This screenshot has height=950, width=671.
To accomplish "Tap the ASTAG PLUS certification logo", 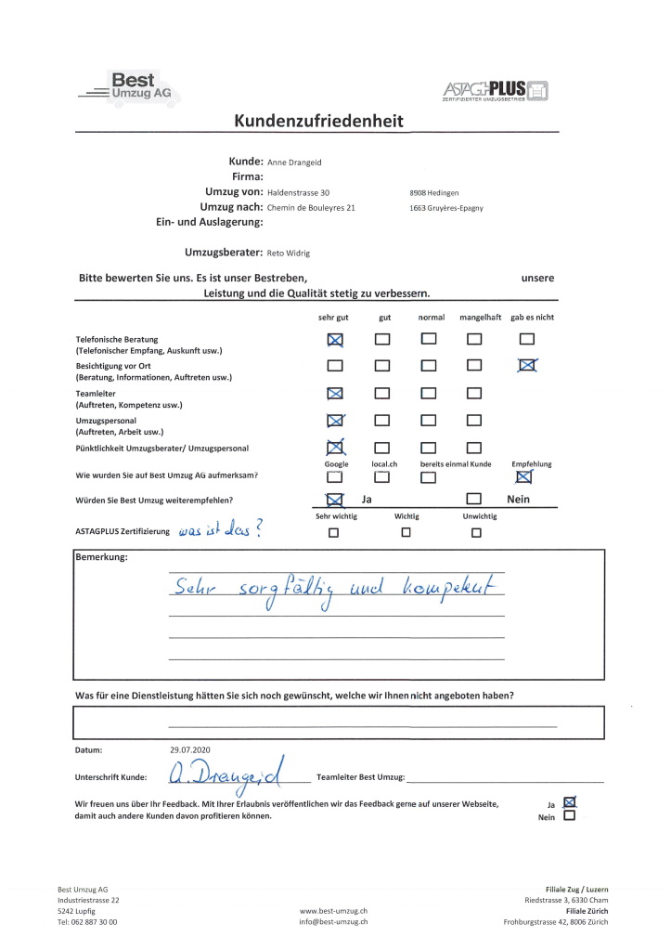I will pyautogui.click(x=497, y=90).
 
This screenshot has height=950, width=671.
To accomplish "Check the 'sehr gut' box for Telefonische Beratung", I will pyautogui.click(x=335, y=340).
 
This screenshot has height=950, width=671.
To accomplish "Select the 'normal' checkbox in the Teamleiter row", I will pyautogui.click(x=429, y=393).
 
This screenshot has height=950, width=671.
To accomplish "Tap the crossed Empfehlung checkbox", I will pyautogui.click(x=524, y=477).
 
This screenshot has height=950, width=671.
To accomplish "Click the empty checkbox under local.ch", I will pyautogui.click(x=381, y=477).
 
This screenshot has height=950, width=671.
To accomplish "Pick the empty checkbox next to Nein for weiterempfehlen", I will pyautogui.click(x=474, y=501).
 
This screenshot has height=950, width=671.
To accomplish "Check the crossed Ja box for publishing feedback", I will pyautogui.click(x=570, y=801).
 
